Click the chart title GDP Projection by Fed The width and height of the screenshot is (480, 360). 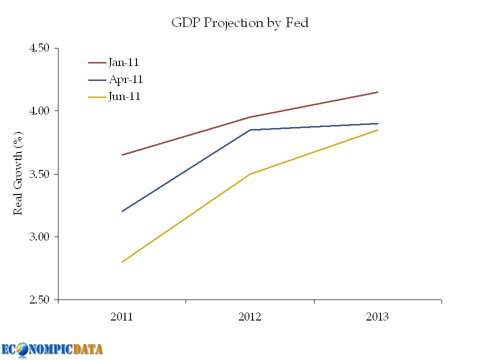[240, 22]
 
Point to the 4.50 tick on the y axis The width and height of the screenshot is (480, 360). [40, 48]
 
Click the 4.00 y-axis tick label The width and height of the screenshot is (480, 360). [40, 110]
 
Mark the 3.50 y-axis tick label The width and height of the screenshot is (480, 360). [40, 174]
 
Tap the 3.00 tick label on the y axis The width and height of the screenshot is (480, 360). [40, 236]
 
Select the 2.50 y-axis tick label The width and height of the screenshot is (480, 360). [40, 299]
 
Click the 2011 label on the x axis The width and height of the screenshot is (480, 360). [122, 317]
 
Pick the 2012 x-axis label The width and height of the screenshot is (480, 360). [250, 317]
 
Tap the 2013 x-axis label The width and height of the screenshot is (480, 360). [377, 317]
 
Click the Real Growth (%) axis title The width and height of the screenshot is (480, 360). [18, 173]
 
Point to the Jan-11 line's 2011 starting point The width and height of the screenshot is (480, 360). [122, 155]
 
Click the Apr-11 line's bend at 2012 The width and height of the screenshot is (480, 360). [250, 130]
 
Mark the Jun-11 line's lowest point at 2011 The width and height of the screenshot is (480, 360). [122, 261]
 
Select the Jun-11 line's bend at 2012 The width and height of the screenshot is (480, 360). [250, 174]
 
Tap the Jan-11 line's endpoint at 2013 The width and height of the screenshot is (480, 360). [377, 92]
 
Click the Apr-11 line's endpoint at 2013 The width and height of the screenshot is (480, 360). [377, 123]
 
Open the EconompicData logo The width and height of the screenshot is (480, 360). [52, 349]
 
